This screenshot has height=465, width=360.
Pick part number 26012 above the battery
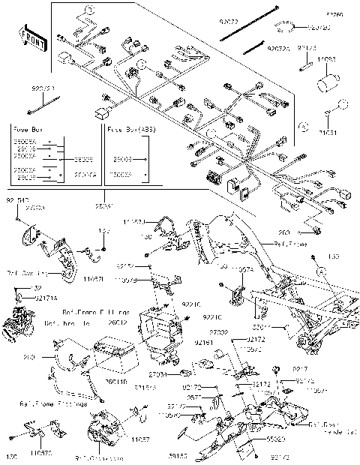tap(118, 323)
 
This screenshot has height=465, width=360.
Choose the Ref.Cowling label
tap(26, 273)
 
